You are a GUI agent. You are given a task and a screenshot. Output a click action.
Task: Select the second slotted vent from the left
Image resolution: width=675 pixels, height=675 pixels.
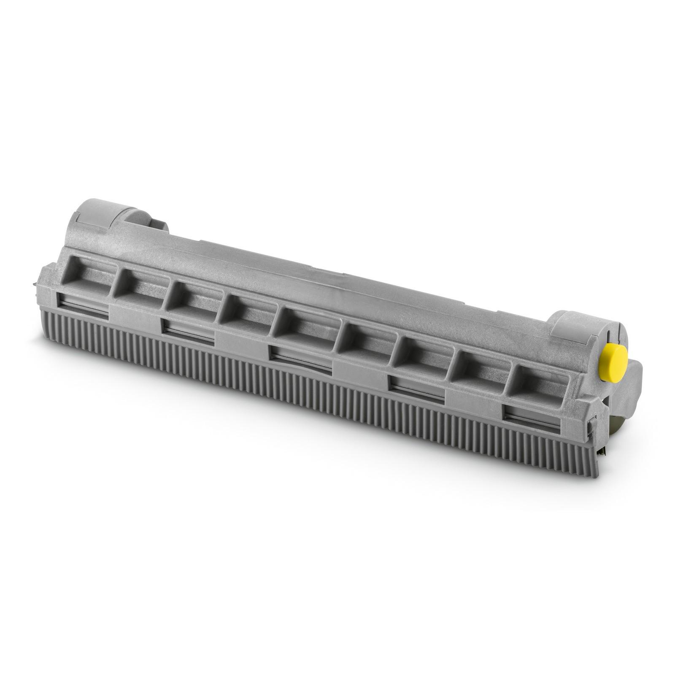[188, 329]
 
